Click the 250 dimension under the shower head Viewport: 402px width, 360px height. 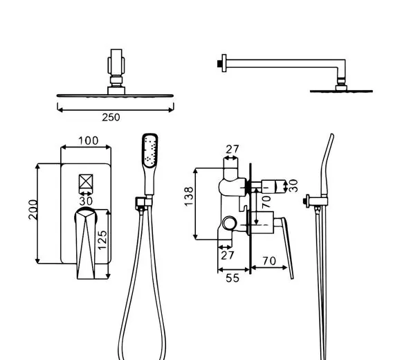(111, 117)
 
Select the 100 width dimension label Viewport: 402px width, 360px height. (88, 141)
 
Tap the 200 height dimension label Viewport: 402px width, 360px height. (33, 209)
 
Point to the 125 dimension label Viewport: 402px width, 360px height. (102, 240)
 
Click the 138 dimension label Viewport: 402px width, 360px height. (189, 197)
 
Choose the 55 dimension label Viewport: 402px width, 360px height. (232, 278)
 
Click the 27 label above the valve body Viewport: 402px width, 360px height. (232, 149)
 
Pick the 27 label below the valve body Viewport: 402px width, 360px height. (228, 255)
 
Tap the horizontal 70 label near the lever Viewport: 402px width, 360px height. (269, 261)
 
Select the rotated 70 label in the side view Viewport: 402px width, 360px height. (266, 201)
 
